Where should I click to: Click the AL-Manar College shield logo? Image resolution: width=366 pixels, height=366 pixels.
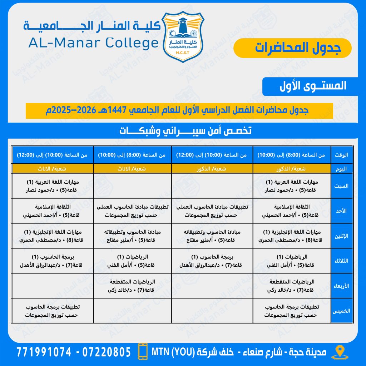pos(183,36)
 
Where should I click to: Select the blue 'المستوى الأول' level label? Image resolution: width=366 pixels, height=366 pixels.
pos(305,86)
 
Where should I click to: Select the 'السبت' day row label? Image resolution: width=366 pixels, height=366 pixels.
pos(341,186)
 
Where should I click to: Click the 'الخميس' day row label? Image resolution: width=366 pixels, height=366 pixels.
pos(341,311)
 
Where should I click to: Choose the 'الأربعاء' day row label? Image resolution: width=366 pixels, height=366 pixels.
pos(341,286)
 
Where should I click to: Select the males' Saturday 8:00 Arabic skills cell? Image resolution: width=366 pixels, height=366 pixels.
pos(292,186)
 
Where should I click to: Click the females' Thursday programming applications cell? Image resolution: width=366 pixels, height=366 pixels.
pos(53,311)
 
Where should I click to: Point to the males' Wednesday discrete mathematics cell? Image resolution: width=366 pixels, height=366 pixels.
pos(292,286)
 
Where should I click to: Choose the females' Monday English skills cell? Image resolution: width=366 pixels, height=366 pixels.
pos(53,236)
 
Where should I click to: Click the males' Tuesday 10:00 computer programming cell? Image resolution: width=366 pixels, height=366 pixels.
pos(212,261)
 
